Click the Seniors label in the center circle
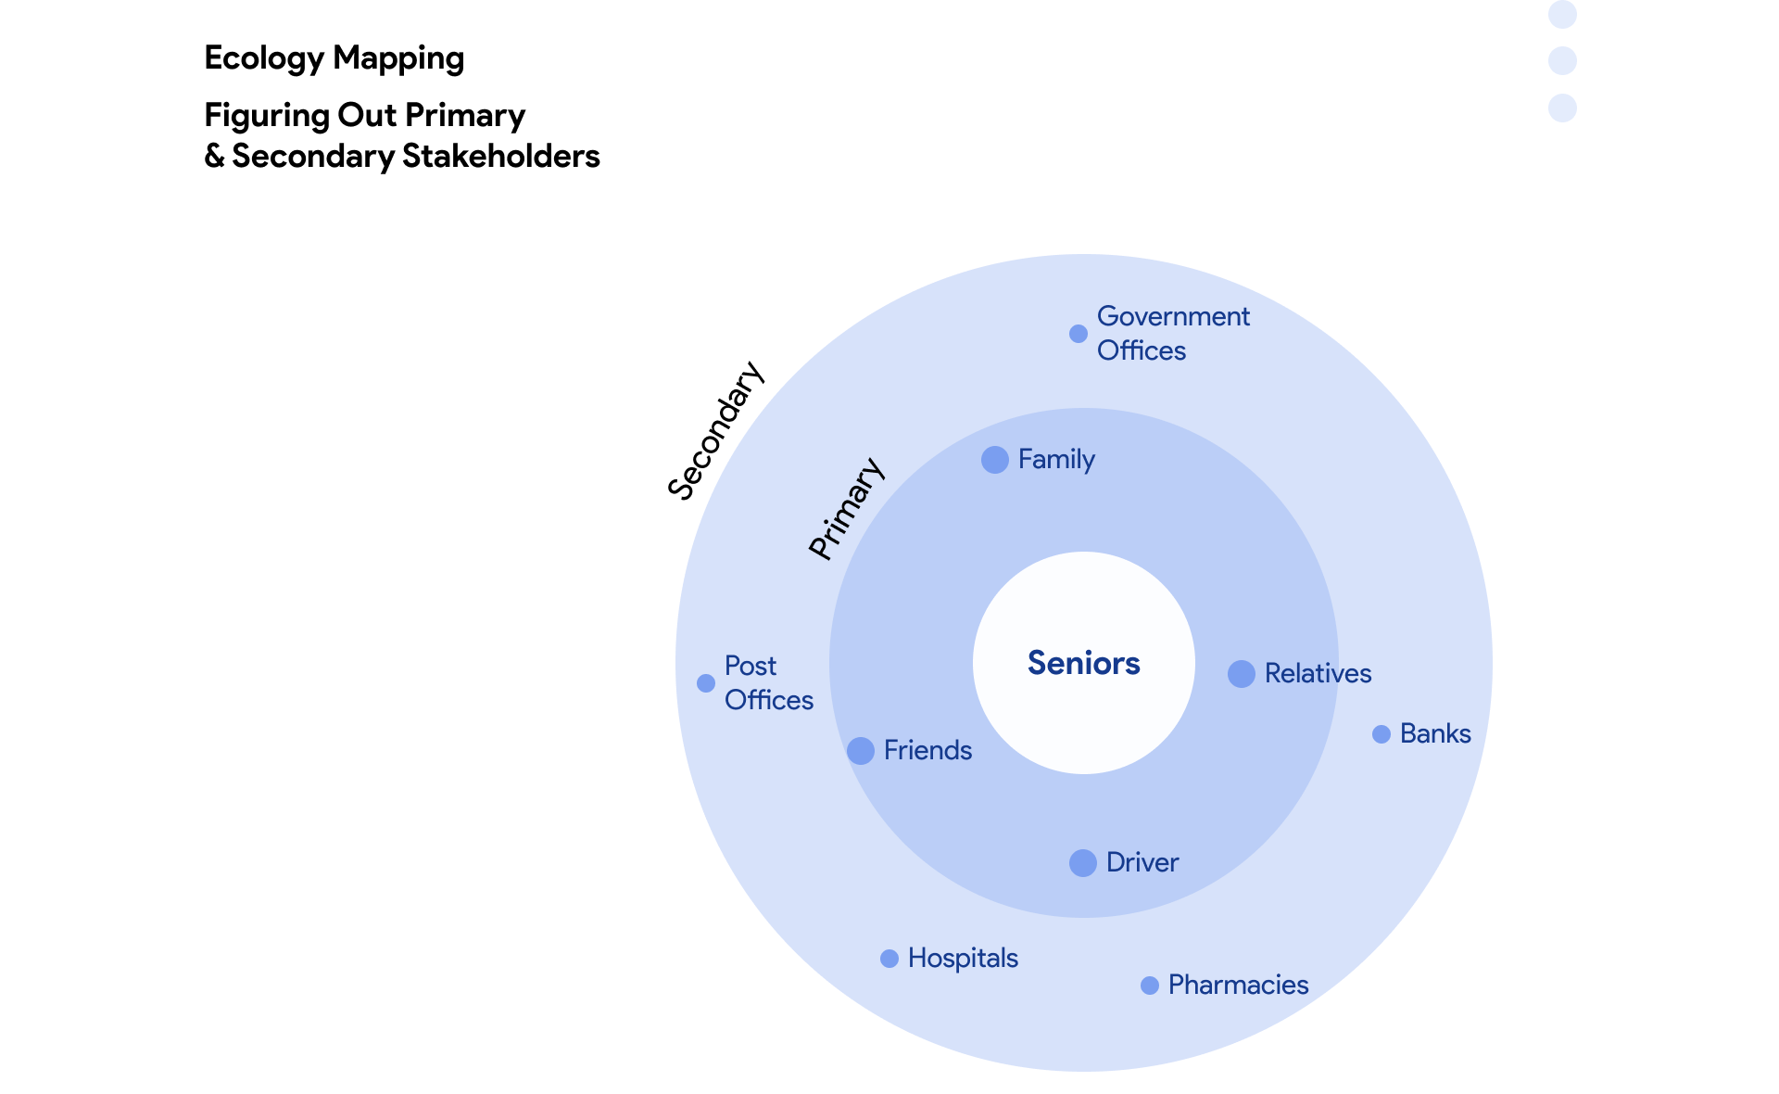coord(1083,663)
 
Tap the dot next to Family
coord(994,460)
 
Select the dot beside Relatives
coord(1241,674)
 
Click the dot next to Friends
coord(860,751)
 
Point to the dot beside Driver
coord(1082,863)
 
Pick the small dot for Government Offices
coord(1078,334)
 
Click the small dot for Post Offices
coord(705,683)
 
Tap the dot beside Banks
coord(1381,734)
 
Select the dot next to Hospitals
coord(889,959)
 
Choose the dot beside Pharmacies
coord(1149,986)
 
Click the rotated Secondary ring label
coord(715,431)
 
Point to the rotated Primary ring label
coord(846,508)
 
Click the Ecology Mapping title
coord(334,57)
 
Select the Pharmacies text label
coord(1238,985)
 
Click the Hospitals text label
coord(963,958)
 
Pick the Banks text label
coord(1435,733)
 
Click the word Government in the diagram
coord(1173,316)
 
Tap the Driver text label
coord(1142,862)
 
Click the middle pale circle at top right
coord(1562,61)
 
